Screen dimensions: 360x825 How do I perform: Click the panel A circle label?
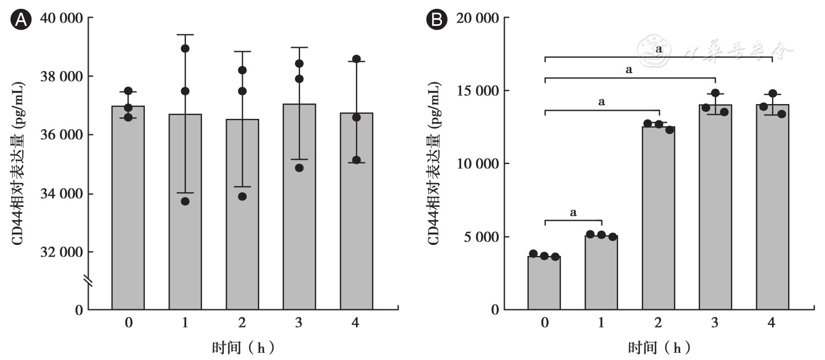coord(21,20)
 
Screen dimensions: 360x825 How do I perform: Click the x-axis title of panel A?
coord(243,348)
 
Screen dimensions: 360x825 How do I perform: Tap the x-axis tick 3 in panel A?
coord(299,323)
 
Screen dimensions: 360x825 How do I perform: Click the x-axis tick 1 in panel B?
coord(602,323)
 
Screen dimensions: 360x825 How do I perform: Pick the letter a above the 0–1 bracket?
coord(573,212)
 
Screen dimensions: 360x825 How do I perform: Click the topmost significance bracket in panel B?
coord(658,57)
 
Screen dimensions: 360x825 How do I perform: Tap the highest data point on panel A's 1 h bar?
coord(185,48)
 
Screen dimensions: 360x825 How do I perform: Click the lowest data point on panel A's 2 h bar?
coord(242,197)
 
